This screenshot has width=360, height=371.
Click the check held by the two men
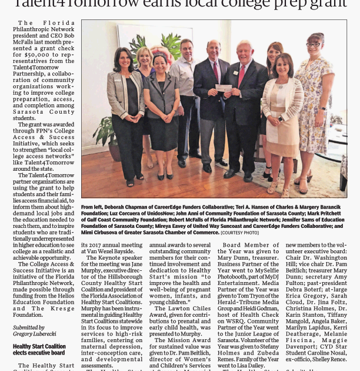224,87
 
